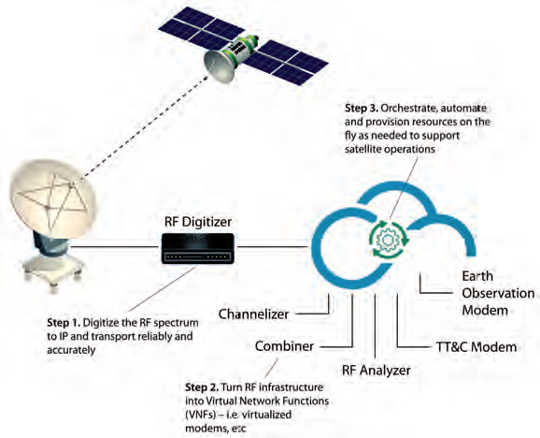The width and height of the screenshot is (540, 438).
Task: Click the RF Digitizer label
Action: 198,222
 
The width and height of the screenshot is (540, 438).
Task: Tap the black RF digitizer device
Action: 198,248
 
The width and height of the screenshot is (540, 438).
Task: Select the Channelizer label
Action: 253,314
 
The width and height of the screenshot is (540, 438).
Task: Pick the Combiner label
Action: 284,346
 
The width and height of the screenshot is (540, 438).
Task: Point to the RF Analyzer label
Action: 377,371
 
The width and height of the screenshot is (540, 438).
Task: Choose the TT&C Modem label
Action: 476,346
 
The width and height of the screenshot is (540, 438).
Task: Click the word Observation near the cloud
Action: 498,293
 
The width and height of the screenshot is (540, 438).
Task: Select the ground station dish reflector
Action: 51,198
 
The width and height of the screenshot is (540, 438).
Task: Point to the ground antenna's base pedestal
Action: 53,264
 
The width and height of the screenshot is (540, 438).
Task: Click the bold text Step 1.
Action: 64,323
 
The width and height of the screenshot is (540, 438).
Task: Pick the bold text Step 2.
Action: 202,387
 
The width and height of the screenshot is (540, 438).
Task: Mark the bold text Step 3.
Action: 362,109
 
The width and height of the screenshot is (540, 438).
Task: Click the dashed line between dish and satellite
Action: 144,128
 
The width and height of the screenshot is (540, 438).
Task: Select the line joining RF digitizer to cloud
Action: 273,247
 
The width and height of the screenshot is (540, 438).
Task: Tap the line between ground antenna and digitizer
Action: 116,247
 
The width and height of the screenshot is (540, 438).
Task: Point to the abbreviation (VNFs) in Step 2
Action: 200,415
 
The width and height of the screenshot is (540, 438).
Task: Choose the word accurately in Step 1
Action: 71,350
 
